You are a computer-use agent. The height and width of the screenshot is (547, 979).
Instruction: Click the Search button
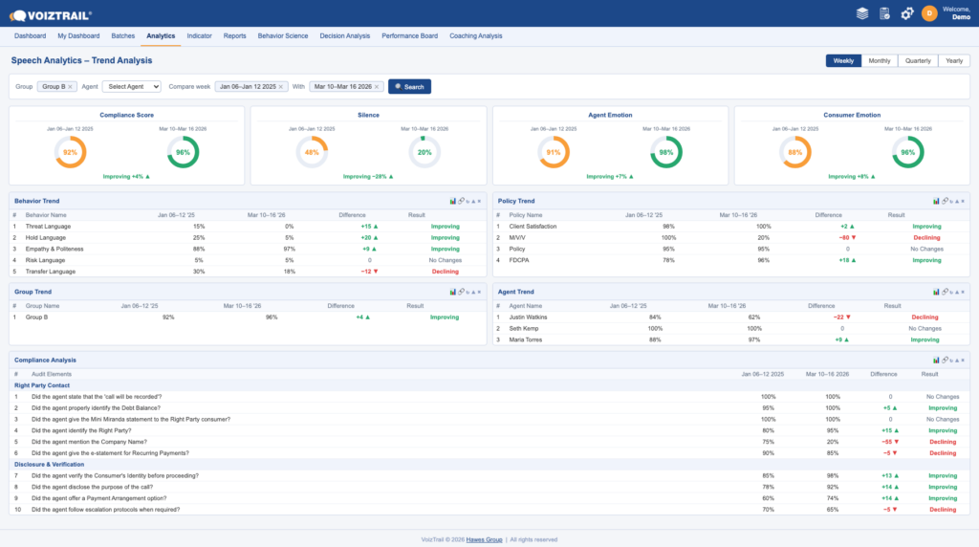pos(409,86)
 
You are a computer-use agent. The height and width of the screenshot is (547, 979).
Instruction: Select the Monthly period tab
pos(880,60)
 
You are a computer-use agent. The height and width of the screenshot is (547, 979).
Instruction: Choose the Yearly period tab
pos(953,60)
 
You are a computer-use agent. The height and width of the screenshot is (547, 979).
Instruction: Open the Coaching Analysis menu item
pos(475,35)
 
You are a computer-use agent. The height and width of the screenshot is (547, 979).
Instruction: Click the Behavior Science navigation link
pos(283,35)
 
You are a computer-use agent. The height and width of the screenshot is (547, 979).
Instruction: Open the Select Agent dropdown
pos(132,86)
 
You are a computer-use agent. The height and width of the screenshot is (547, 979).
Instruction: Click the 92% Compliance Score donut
pos(70,152)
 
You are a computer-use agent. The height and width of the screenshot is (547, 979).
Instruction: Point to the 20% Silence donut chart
pos(424,152)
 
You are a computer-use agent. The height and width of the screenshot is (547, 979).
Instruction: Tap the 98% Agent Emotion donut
pos(666,152)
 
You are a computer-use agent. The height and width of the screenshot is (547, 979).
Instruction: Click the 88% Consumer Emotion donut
pos(794,152)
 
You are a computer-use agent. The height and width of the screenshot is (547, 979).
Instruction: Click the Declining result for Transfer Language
pos(445,271)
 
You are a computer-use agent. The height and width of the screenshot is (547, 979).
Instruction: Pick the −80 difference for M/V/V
pos(845,237)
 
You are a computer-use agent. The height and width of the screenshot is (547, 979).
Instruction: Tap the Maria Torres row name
pos(525,339)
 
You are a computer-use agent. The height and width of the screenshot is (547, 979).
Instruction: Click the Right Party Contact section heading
pos(42,384)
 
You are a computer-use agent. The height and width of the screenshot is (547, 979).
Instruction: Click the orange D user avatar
pos(929,13)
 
